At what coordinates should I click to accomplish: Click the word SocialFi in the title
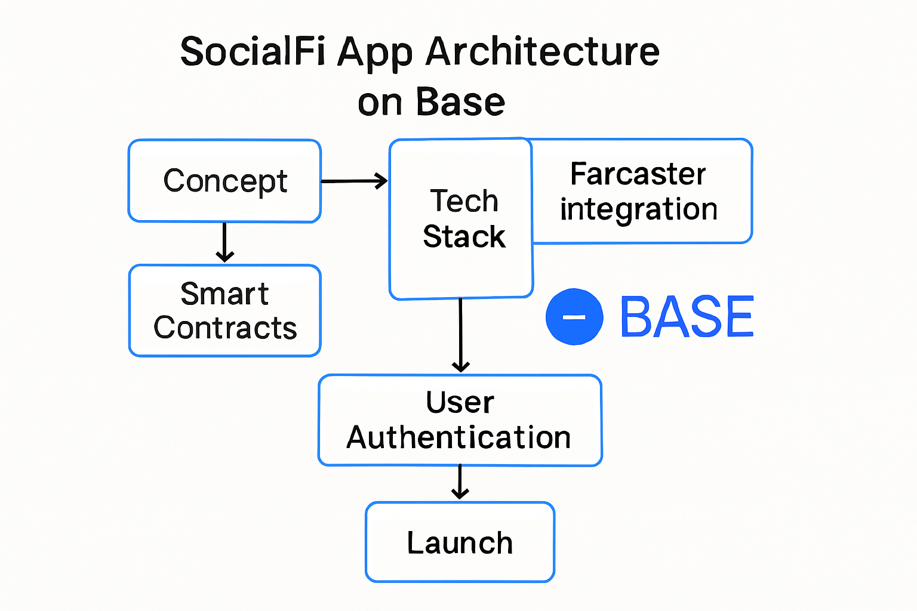coord(252,52)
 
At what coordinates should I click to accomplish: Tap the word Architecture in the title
coord(542,52)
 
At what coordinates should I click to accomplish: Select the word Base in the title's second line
coord(460,102)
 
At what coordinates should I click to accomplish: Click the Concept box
coord(224,181)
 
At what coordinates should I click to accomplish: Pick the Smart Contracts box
coord(224,311)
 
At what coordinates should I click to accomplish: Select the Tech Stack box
coord(461,218)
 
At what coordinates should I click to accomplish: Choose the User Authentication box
coord(460,420)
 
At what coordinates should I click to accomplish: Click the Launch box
coord(460,542)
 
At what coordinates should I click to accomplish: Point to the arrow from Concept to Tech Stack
coord(355,181)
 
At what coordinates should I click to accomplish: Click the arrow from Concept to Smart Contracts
coord(224,242)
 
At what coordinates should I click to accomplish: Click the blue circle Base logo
coord(574,317)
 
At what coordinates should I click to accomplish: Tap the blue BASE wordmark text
coord(687,317)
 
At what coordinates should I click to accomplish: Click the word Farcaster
coord(638,174)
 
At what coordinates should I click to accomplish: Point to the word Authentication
coord(458,437)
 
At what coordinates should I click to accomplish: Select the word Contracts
coord(225,328)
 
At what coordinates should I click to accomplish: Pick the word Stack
coord(464,236)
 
